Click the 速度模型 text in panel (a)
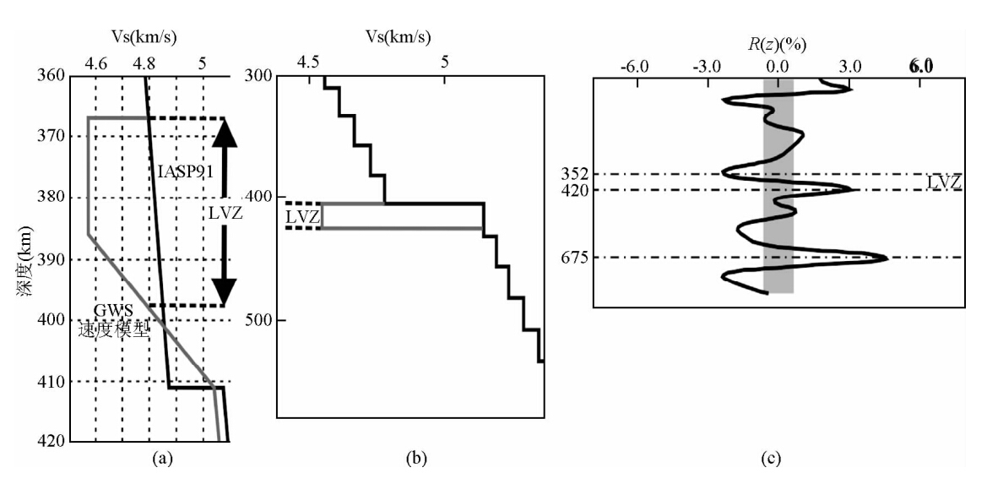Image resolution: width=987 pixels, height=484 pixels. tap(112, 330)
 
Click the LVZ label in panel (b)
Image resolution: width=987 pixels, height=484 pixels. tap(302, 217)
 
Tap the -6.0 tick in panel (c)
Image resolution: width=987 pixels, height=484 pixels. tap(634, 67)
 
